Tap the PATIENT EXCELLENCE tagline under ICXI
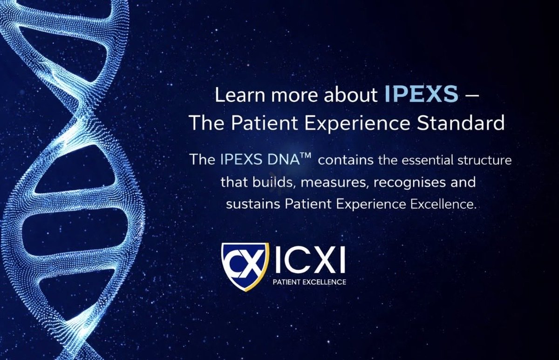point(309,282)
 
